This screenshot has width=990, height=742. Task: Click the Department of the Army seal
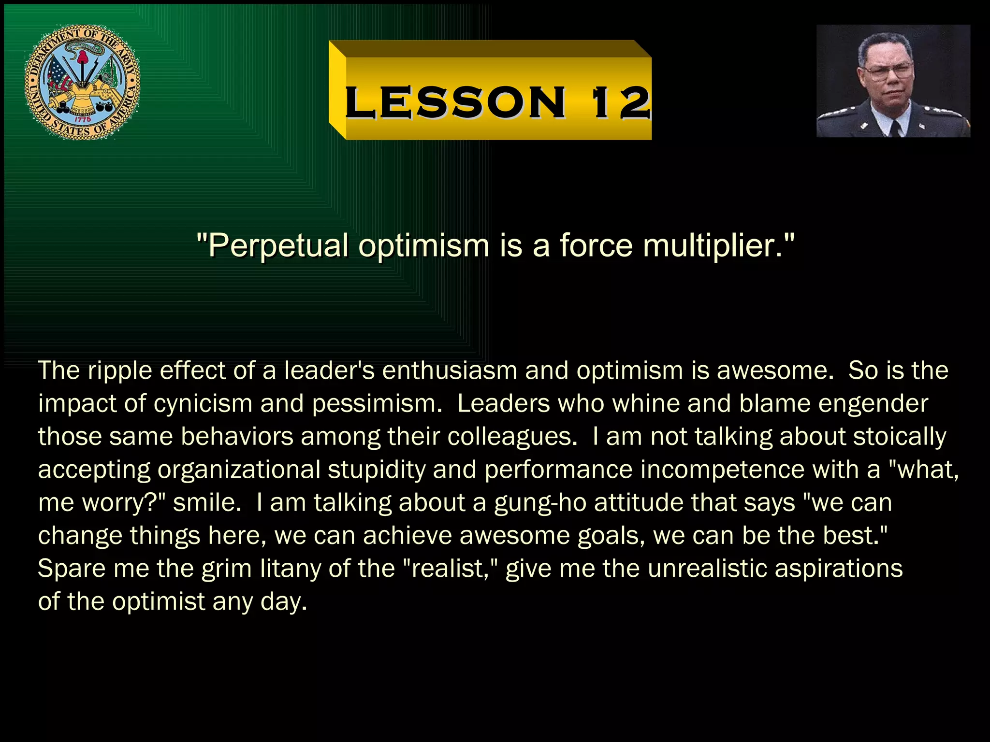click(x=83, y=83)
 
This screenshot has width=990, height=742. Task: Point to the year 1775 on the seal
click(x=82, y=119)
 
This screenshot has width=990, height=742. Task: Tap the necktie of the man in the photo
click(x=895, y=128)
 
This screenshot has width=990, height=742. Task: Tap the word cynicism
click(x=204, y=404)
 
